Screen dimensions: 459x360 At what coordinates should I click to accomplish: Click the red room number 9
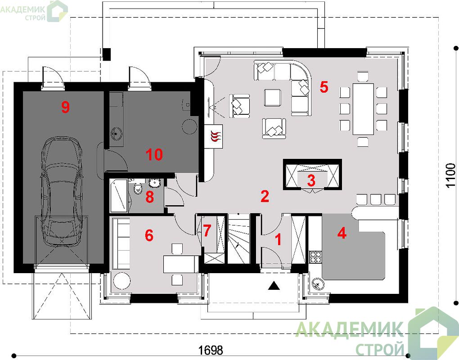tap(65, 107)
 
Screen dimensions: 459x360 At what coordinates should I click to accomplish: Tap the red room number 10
tap(154, 154)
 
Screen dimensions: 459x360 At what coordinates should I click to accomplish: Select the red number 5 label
tap(324, 87)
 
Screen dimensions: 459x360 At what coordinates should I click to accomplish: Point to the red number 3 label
tap(311, 180)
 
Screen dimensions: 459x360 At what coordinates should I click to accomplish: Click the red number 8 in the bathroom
tap(149, 197)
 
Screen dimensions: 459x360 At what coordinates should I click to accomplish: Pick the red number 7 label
tap(207, 231)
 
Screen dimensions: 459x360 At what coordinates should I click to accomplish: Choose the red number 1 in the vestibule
tap(279, 239)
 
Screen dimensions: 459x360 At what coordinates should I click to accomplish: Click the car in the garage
tap(62, 192)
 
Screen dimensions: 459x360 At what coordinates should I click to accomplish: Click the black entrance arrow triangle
tap(274, 285)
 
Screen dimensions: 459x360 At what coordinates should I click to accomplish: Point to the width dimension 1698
tap(211, 350)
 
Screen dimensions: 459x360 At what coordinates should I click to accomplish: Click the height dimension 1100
tap(450, 175)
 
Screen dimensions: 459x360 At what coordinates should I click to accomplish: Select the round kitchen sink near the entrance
tap(317, 284)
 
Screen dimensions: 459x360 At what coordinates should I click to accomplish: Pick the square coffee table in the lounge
tap(273, 98)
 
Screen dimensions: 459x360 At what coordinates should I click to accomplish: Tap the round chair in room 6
tap(121, 280)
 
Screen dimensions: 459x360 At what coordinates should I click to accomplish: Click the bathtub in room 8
tap(119, 195)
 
